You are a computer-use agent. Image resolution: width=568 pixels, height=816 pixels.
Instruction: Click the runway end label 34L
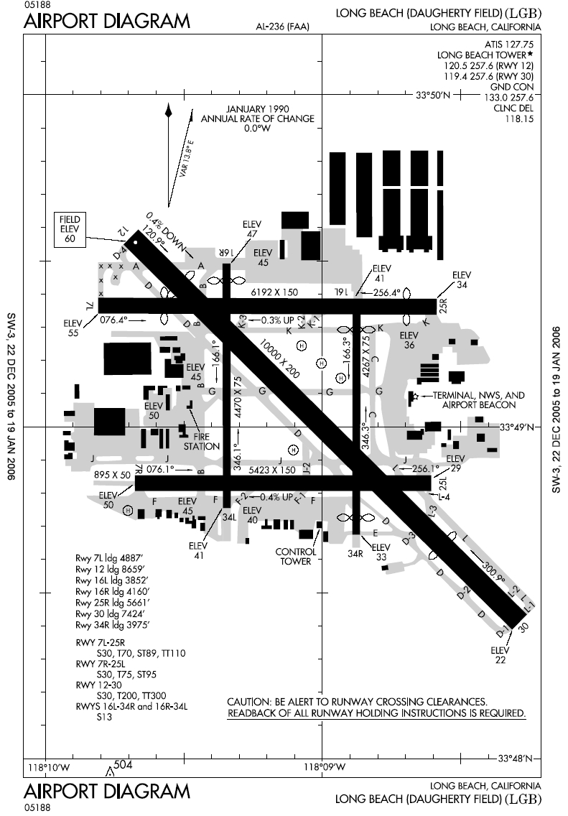click(229, 516)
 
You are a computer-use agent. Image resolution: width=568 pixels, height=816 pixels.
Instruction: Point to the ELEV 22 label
click(500, 655)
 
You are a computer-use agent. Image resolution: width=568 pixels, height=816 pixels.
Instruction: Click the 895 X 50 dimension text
click(112, 475)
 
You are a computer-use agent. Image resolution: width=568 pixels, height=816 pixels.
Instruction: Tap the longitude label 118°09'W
click(321, 766)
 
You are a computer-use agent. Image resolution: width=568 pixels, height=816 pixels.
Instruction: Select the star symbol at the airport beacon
click(413, 396)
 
